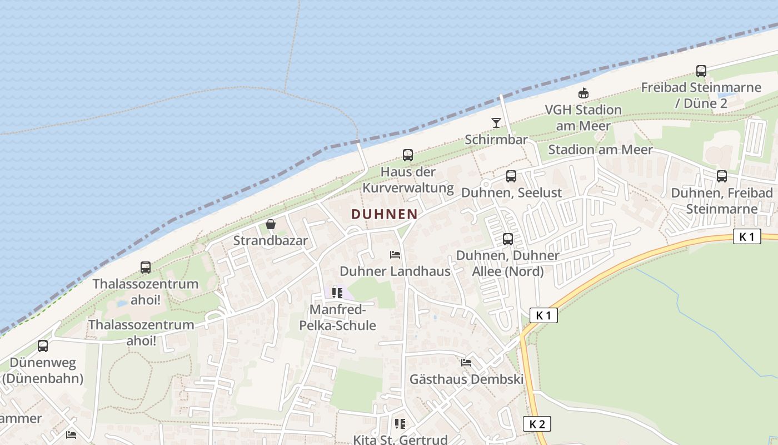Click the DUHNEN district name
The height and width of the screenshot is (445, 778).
[x=384, y=214]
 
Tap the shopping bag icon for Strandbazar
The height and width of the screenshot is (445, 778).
[x=271, y=224]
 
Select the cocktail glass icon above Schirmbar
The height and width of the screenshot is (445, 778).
[x=496, y=123]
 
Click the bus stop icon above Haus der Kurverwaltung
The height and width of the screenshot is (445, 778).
[x=408, y=155]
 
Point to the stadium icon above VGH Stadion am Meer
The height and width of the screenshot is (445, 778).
[x=583, y=93]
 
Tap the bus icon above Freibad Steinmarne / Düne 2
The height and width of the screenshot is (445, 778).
[x=701, y=71]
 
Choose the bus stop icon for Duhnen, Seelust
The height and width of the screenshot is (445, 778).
[x=511, y=176]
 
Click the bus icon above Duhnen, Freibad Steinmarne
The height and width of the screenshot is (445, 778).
[x=722, y=176]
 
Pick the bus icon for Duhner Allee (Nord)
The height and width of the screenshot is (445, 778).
[x=508, y=239]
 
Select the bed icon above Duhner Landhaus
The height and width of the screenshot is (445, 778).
[x=395, y=255]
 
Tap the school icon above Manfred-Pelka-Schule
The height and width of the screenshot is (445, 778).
[x=337, y=293]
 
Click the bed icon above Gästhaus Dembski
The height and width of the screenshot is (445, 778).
[x=466, y=363]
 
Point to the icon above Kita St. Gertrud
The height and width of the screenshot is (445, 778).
[x=400, y=424]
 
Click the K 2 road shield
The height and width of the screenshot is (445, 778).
[x=537, y=424]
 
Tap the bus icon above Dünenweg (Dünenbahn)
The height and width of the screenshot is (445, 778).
[x=43, y=346]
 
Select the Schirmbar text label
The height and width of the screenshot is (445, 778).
[x=496, y=140]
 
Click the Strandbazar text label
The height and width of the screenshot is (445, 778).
[x=270, y=241]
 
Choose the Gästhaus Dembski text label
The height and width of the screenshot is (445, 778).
[x=466, y=379]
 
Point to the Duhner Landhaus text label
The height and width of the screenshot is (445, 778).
[x=395, y=271]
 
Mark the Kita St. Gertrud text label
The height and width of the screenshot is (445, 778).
[x=400, y=439]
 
